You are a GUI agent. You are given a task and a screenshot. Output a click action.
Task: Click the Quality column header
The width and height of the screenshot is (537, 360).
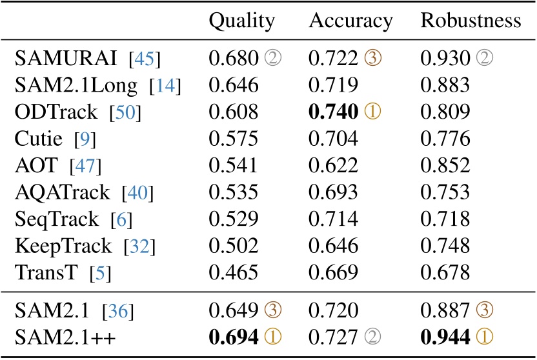click(x=242, y=21)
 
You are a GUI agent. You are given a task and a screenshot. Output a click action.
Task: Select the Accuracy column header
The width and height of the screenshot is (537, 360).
click(x=350, y=21)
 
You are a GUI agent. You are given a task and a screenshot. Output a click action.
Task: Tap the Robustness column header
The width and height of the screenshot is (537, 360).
click(x=471, y=21)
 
